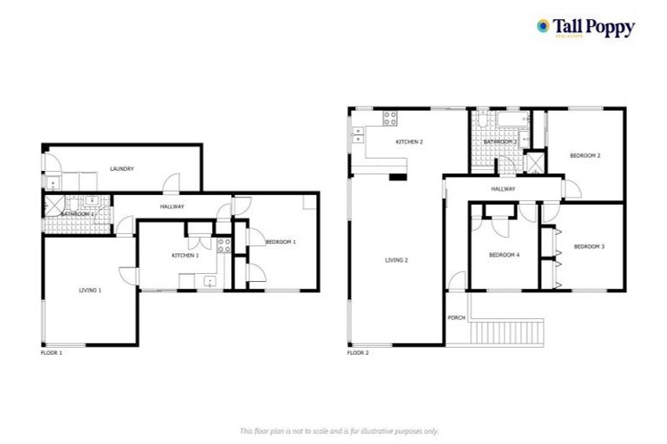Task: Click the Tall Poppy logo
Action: coord(585,28)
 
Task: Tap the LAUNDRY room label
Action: coord(122,169)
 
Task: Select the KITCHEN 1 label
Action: coord(185,255)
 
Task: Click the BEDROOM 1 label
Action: coord(281,242)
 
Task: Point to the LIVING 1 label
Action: coord(90,290)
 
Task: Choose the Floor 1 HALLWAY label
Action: coord(172,206)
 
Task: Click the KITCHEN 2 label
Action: coord(409,141)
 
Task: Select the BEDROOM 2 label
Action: coord(585,155)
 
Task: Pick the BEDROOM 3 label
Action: coord(589,246)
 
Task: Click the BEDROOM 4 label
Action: coord(504,255)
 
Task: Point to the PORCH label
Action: coord(456,318)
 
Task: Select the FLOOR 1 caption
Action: coord(51,353)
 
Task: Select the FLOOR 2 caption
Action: coord(358,353)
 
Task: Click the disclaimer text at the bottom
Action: coord(339,430)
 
